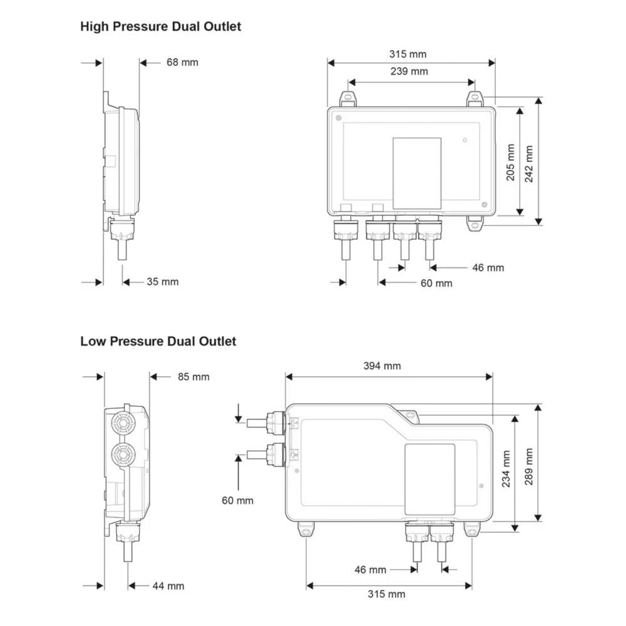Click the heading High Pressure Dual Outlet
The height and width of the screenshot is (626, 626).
[160, 26]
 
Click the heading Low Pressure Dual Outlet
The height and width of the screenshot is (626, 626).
[158, 341]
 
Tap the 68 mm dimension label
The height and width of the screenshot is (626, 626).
[182, 62]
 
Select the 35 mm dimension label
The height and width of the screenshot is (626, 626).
[163, 282]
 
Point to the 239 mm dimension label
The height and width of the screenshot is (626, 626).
[411, 71]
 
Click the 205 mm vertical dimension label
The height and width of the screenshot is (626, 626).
[510, 163]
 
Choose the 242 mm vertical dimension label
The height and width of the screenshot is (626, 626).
[530, 163]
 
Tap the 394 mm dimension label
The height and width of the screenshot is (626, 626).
[382, 366]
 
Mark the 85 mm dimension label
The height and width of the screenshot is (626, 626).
[193, 377]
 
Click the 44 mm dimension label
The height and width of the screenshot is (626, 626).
[168, 586]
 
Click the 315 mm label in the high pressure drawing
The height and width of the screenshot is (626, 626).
[408, 54]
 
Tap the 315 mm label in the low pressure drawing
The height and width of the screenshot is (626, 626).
[387, 594]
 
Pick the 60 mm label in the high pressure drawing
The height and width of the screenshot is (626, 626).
[436, 283]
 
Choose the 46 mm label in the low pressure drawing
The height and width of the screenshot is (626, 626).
[370, 570]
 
